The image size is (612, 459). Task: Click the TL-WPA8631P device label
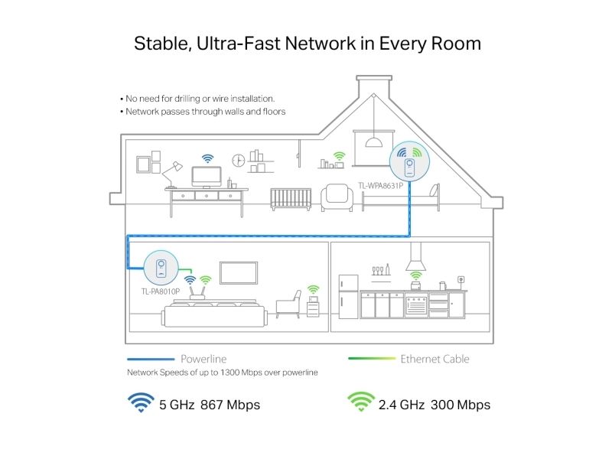(x=380, y=186)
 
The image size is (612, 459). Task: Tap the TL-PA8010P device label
(x=161, y=291)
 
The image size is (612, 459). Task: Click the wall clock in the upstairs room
(x=239, y=161)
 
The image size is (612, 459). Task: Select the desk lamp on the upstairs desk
(x=171, y=174)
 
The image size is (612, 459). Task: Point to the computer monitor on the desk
(x=207, y=177)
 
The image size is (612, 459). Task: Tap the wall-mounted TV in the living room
(x=239, y=273)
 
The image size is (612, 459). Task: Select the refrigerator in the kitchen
(x=348, y=297)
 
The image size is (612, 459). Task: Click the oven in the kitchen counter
(x=416, y=304)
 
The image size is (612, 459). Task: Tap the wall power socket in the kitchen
(x=461, y=280)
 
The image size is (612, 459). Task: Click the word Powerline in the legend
(x=203, y=359)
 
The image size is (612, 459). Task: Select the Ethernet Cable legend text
(x=435, y=359)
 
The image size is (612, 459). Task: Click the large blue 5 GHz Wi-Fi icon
(x=141, y=402)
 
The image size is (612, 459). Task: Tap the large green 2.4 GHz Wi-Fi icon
(x=361, y=402)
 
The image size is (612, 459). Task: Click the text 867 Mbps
(x=230, y=405)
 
